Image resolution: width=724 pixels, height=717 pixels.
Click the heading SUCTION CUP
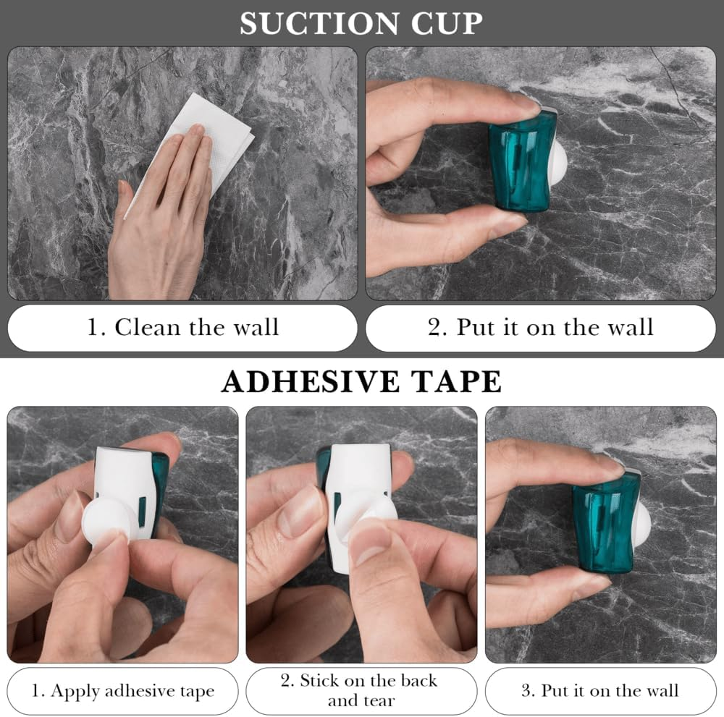(x=361, y=23)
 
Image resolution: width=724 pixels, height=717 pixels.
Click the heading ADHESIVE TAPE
(x=361, y=381)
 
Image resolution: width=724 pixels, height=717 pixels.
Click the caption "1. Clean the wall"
(x=182, y=327)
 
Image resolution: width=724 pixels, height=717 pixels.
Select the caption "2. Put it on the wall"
(x=540, y=327)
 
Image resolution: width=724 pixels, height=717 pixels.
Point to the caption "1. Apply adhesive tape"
(x=122, y=690)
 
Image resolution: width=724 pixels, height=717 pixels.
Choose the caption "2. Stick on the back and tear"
(x=361, y=690)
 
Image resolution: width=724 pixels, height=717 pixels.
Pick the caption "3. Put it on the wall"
(x=599, y=690)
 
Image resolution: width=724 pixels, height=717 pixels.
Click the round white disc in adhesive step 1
(x=109, y=517)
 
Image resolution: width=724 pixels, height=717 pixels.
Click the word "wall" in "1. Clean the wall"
(x=255, y=327)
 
